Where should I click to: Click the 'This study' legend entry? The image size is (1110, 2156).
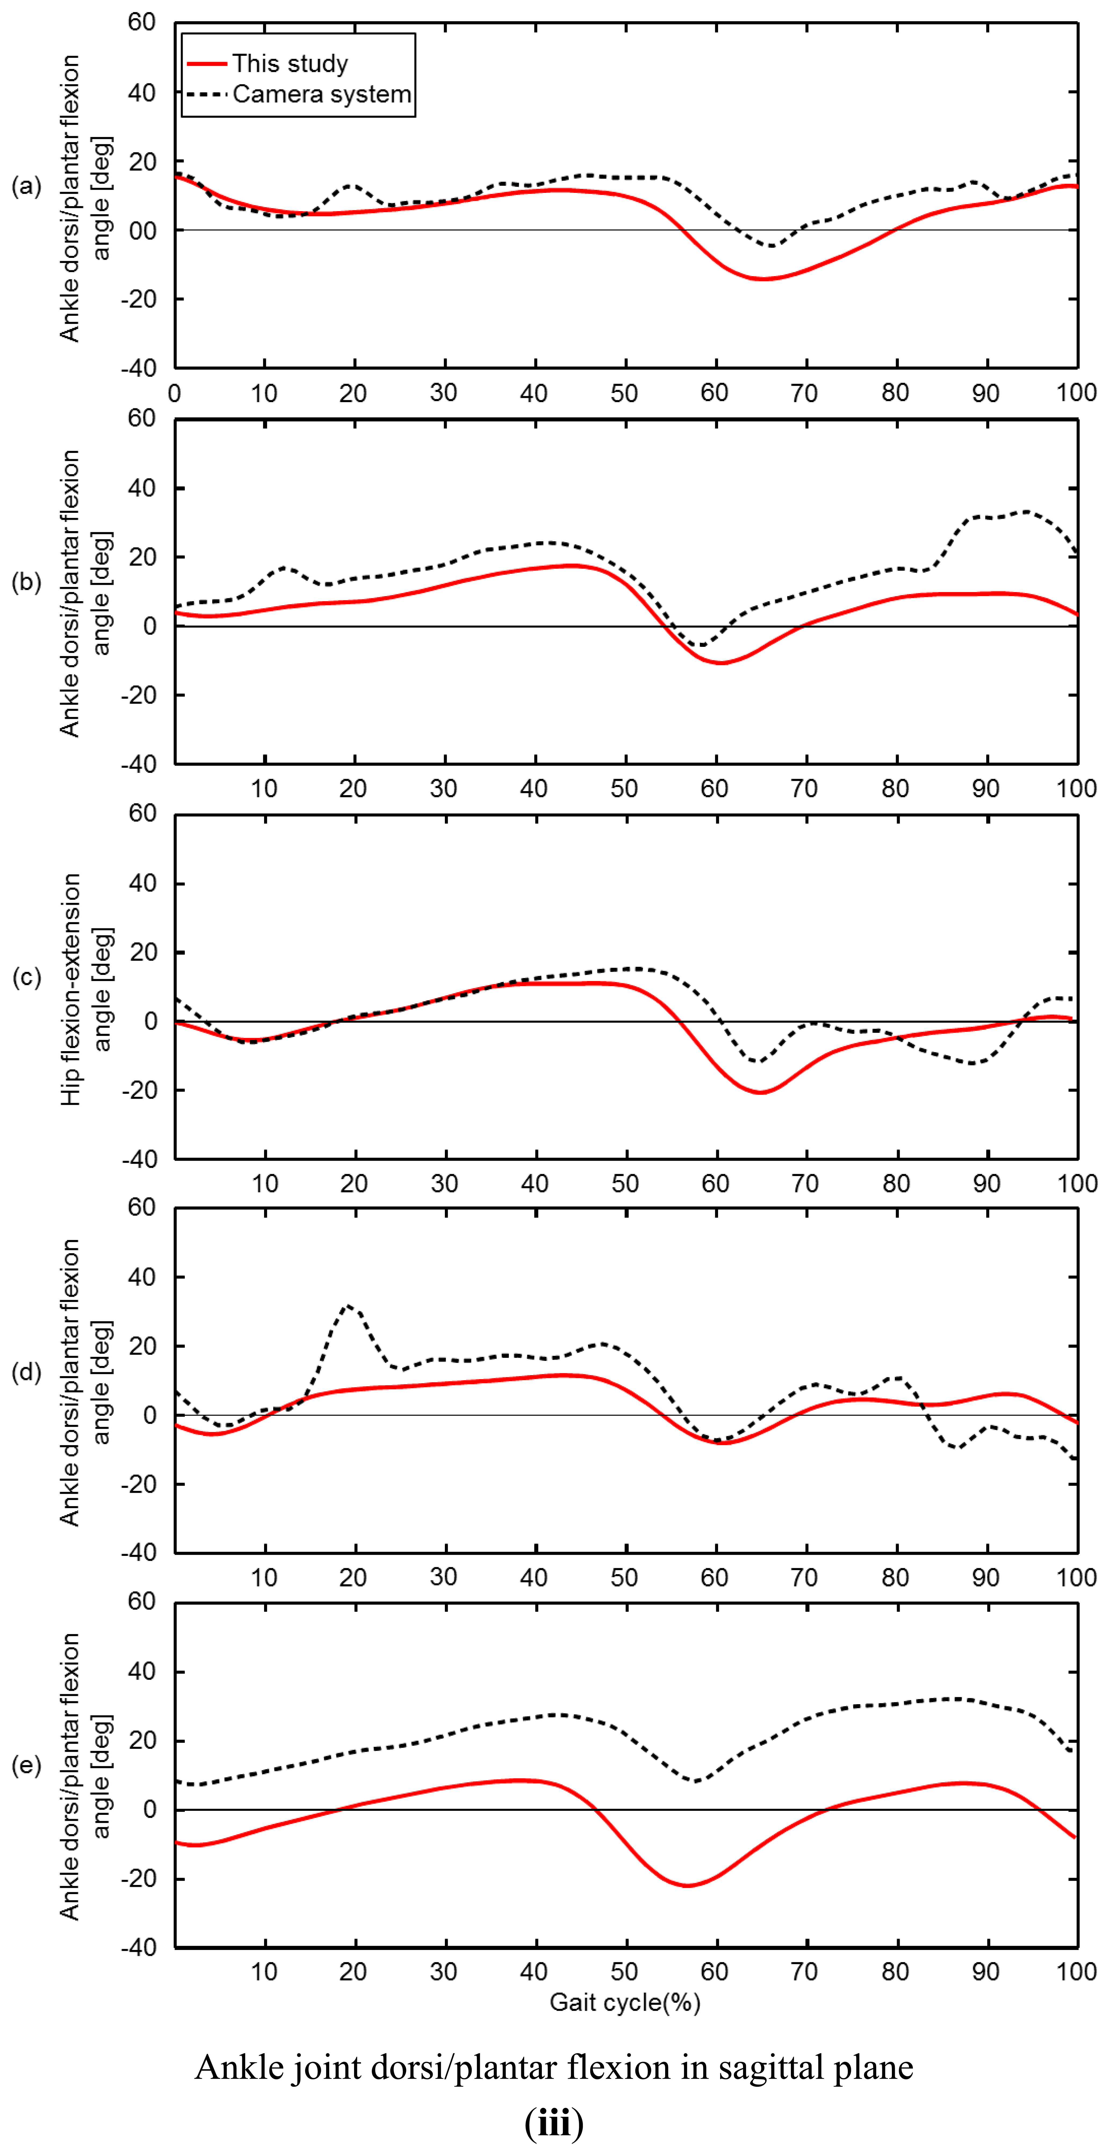point(290,64)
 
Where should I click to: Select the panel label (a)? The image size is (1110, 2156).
point(26,186)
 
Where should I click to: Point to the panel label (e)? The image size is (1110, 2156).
point(26,1765)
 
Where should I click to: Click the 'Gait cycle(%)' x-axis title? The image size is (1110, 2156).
point(625,2002)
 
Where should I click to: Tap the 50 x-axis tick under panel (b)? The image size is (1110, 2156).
point(625,788)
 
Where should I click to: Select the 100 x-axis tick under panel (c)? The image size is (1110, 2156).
point(1076,1184)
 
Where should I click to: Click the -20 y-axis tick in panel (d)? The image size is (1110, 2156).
point(139,1484)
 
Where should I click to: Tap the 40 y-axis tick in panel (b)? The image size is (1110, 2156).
point(142,488)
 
